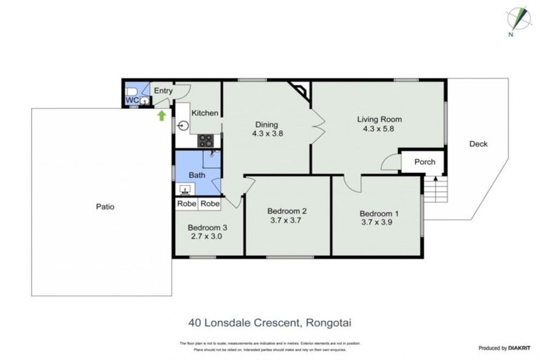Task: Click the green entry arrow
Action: coord(162,115)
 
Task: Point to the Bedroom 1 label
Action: coord(379,214)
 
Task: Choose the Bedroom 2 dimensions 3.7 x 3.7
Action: coord(286,221)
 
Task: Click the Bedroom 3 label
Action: coord(207,227)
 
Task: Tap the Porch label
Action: coord(425,162)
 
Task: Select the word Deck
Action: coord(478,144)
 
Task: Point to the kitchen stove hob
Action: coord(205,140)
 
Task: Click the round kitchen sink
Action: coord(183,127)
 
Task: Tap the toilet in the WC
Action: coord(131,91)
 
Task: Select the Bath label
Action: coord(196,175)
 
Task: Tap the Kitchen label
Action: coord(205,113)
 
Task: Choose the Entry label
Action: coord(163,91)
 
